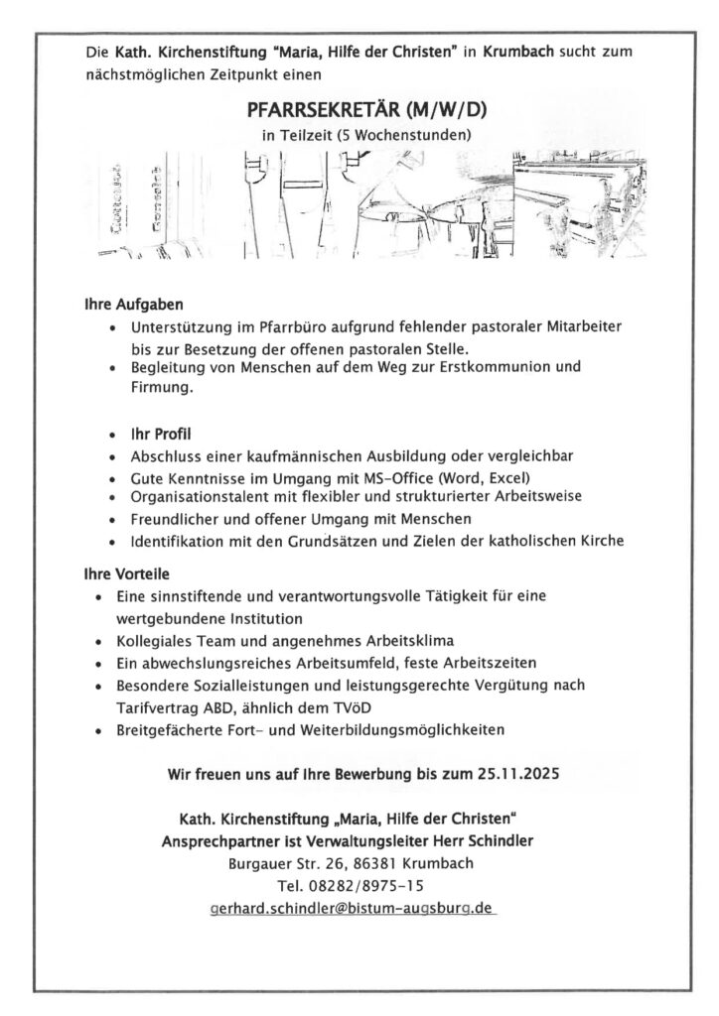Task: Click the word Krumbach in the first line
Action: pos(519,49)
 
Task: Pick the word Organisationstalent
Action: pos(199,495)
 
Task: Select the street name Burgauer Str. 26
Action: pos(279,863)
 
